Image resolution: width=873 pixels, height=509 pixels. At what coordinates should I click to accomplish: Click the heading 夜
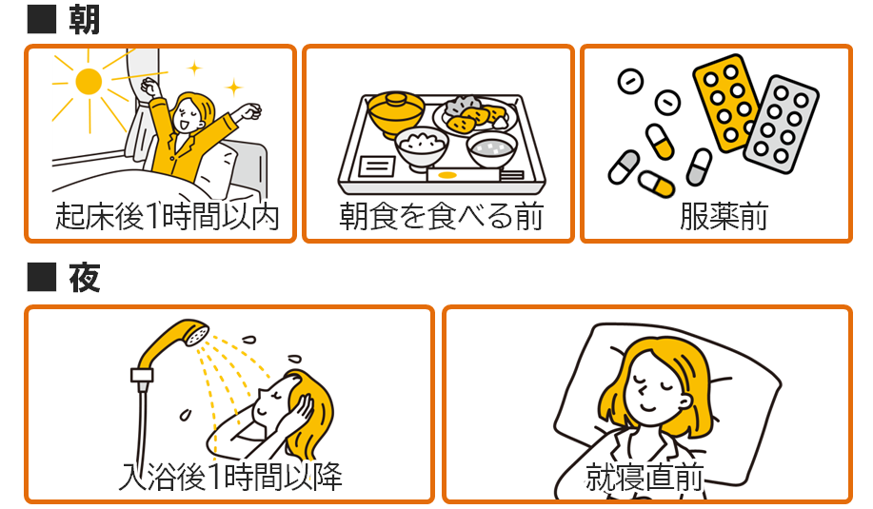(84, 277)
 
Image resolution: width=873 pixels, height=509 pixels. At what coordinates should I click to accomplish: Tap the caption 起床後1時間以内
(167, 216)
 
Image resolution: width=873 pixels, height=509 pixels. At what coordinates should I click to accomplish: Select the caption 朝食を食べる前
(441, 216)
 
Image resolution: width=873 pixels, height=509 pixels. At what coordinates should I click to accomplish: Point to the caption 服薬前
(724, 216)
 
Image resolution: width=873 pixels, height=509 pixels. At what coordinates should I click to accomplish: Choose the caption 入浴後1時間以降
(230, 477)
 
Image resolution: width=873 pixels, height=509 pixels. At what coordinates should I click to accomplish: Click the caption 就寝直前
(645, 477)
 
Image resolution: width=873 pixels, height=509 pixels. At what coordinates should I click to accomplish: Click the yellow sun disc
(89, 82)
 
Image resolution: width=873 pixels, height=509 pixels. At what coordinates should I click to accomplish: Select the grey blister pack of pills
(781, 125)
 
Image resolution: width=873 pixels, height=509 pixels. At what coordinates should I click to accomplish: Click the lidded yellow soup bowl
(396, 113)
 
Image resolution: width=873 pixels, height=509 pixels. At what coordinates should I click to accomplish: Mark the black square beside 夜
(42, 277)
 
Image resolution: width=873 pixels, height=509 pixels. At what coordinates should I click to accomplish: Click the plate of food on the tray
(475, 116)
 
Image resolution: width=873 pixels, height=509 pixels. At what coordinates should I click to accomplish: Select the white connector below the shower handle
(142, 375)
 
